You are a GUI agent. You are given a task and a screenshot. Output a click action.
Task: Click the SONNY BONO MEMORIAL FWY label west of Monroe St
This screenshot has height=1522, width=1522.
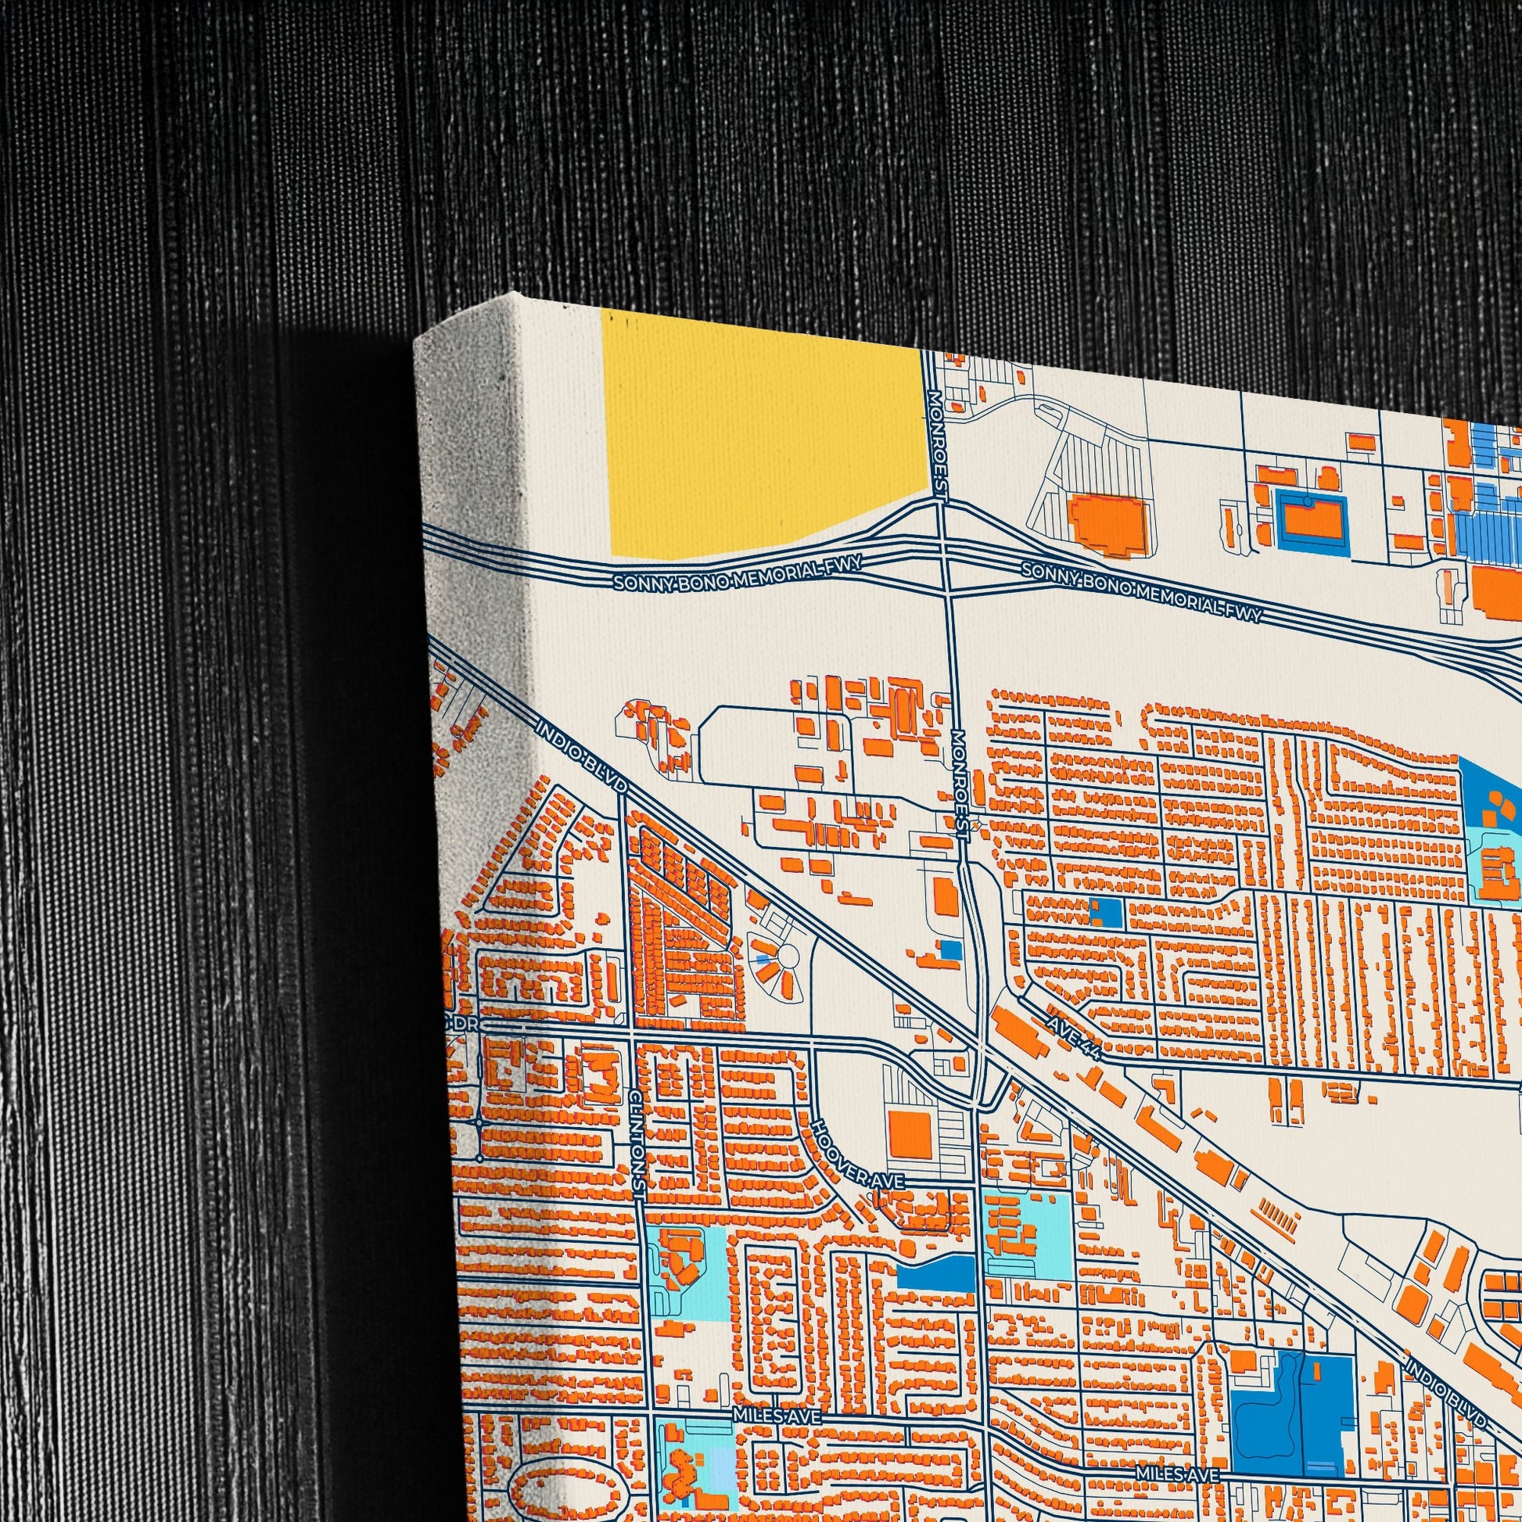(738, 573)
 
